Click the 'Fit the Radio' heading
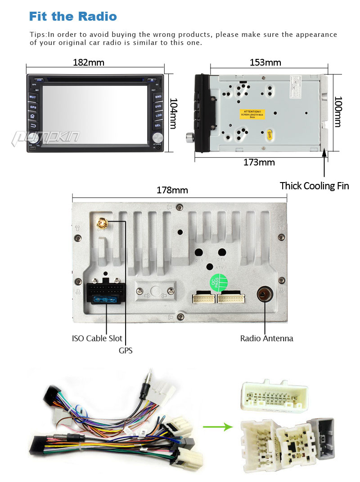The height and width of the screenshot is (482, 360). (73, 17)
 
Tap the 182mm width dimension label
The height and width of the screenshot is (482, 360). (88, 62)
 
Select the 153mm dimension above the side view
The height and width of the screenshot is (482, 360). (265, 62)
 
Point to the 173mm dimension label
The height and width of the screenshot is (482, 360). (259, 162)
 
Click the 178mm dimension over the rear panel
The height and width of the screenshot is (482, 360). (172, 190)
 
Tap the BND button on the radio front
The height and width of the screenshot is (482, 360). (158, 97)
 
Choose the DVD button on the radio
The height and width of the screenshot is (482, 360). (158, 107)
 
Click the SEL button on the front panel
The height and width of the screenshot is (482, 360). (158, 125)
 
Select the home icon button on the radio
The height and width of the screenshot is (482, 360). (32, 116)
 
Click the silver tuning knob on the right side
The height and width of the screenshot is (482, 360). (157, 137)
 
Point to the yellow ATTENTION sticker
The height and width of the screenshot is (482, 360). (252, 114)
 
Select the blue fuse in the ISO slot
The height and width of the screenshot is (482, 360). (107, 299)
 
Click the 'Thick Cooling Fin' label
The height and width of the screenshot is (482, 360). (314, 186)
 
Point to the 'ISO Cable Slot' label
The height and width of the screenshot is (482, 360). (97, 338)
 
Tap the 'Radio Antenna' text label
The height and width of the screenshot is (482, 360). (266, 339)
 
